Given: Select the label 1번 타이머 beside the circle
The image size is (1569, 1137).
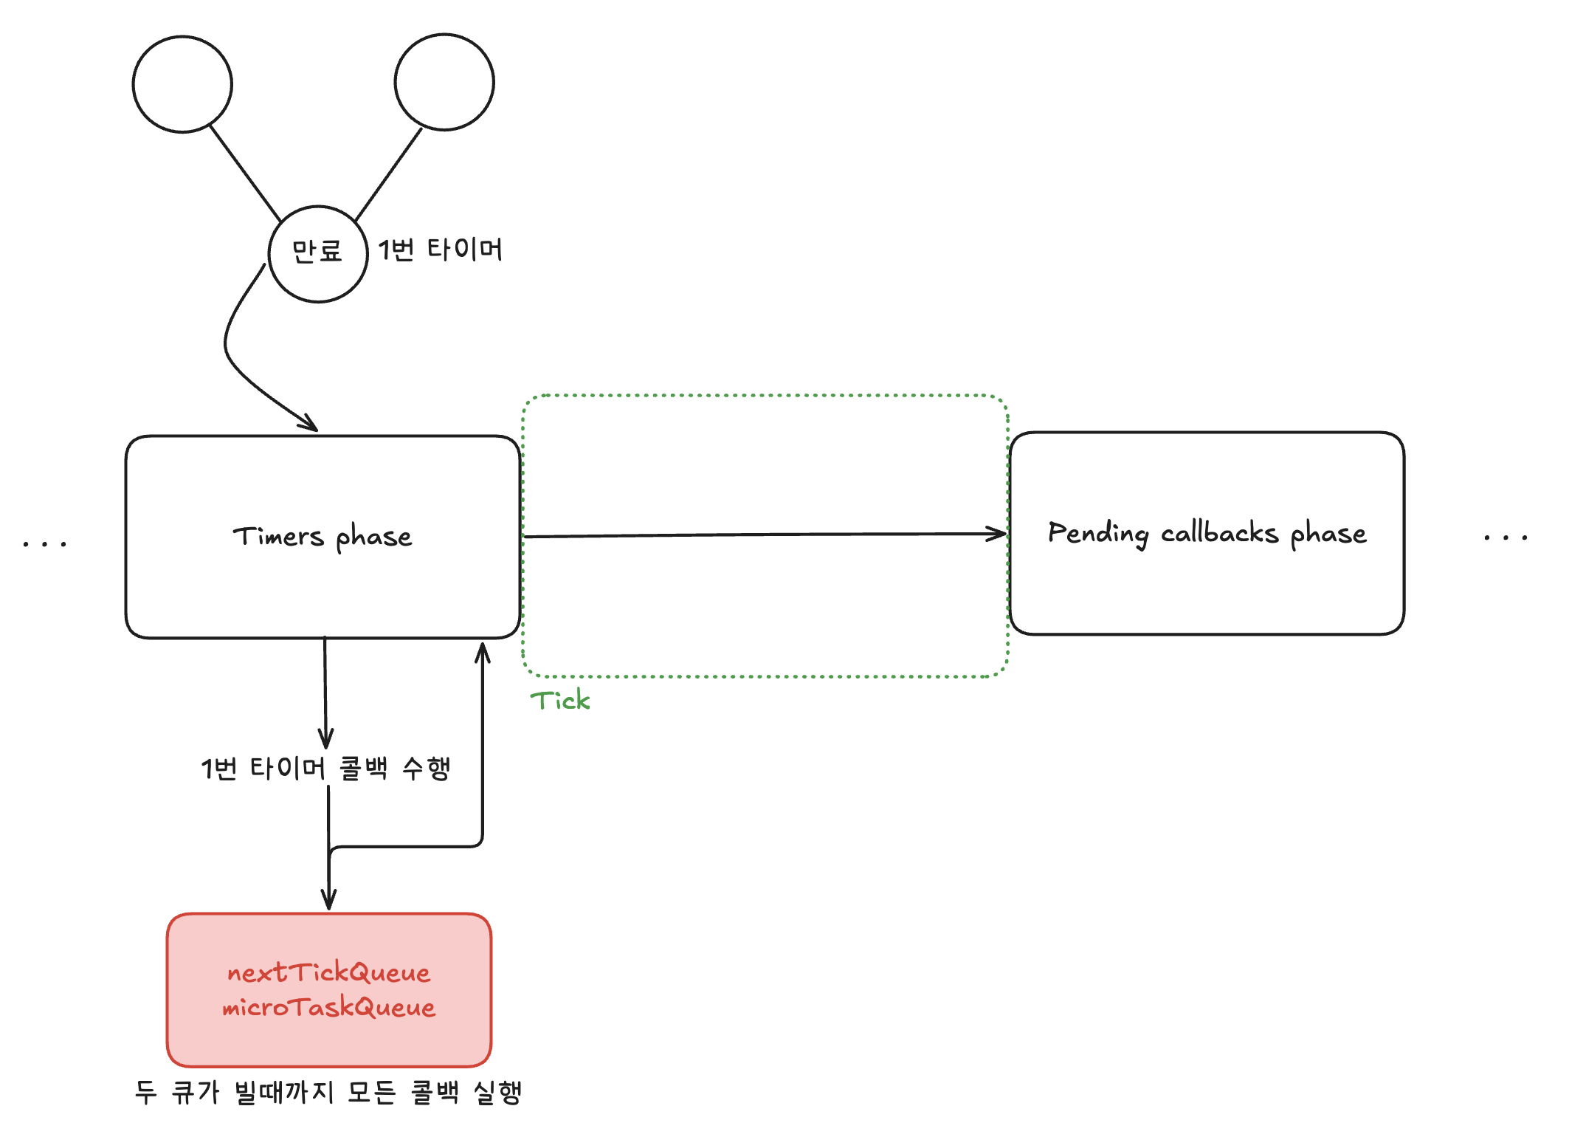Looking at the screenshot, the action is tap(441, 250).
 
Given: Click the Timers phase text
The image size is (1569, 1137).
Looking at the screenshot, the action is tap(323, 537).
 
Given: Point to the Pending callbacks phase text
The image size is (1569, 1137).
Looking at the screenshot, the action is tap(1207, 533).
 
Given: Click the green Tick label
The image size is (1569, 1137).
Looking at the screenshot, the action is tap(560, 700).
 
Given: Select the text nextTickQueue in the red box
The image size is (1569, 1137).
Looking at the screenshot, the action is tap(328, 972).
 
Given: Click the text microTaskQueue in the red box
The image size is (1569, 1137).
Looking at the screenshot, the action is tap(328, 1007).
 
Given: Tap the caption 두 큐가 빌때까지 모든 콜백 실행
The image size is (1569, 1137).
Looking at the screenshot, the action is tap(328, 1092).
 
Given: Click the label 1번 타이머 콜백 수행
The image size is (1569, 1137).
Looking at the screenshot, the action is tap(325, 768).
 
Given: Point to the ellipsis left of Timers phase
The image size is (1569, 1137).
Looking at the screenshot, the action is tap(45, 544).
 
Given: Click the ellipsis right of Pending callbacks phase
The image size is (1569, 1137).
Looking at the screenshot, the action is tap(1506, 537).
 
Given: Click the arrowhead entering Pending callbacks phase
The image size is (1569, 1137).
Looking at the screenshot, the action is tap(999, 533).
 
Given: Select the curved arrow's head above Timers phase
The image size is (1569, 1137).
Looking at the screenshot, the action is tap(311, 425).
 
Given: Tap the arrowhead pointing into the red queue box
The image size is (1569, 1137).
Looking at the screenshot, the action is tap(329, 901).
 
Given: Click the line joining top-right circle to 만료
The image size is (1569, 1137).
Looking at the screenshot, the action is tap(389, 174).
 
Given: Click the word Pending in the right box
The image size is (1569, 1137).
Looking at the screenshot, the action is tap(1098, 533).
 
